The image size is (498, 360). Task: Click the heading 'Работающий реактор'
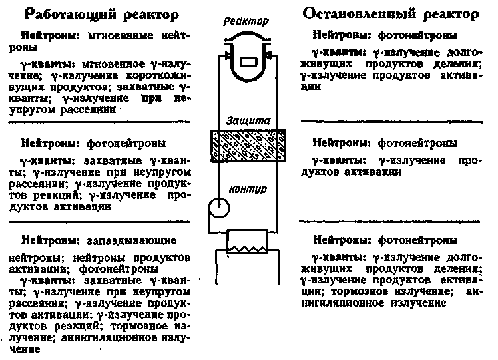point(102,14)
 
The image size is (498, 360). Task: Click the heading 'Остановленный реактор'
point(391,14)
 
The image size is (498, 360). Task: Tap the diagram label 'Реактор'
point(246,21)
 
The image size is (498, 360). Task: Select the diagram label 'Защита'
point(248,120)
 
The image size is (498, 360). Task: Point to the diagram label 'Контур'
point(248,189)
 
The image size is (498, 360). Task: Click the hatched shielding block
point(248,146)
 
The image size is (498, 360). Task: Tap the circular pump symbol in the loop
point(219,208)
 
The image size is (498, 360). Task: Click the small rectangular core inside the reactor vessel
point(248,61)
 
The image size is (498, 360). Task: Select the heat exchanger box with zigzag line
point(247,242)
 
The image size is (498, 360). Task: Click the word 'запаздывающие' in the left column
point(131,240)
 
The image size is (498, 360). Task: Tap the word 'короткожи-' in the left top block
point(158,76)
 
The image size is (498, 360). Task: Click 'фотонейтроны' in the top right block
point(417,35)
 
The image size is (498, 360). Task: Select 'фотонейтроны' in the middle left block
point(126,144)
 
